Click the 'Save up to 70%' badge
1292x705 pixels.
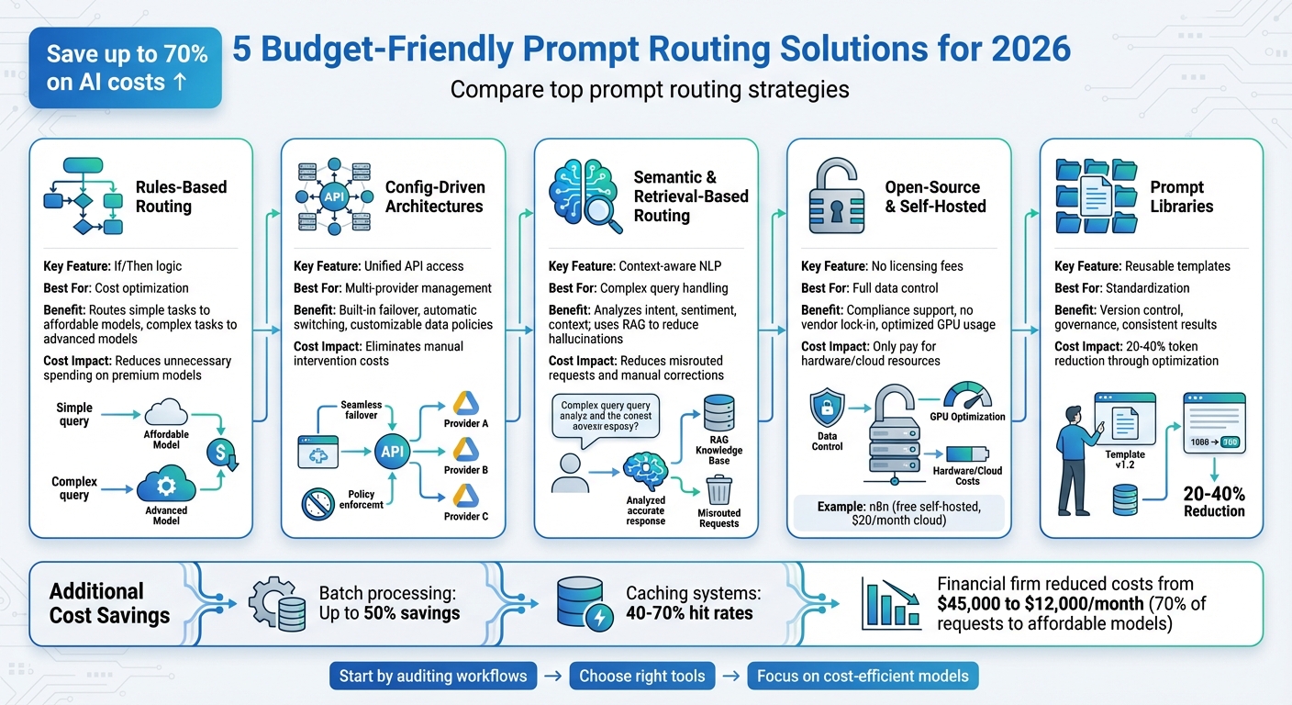(x=126, y=69)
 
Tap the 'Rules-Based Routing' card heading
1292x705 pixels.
(x=181, y=196)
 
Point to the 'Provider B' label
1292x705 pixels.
(x=466, y=470)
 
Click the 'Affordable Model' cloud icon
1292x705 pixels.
(x=166, y=412)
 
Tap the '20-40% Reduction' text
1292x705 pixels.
(x=1213, y=501)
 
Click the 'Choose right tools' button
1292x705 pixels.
(x=642, y=677)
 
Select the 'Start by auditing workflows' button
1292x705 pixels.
(x=433, y=677)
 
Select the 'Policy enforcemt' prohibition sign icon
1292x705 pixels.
(x=317, y=503)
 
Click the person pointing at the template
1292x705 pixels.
(x=1071, y=457)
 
